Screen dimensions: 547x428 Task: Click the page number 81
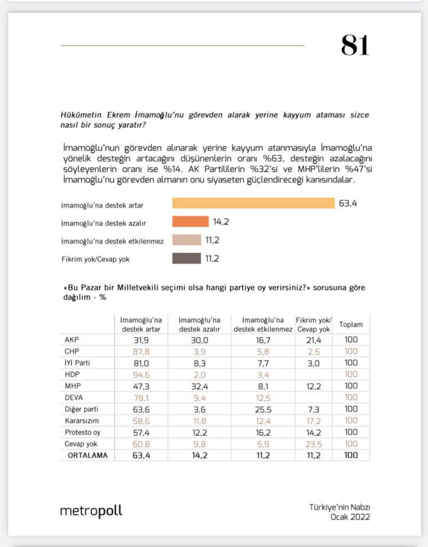pyautogui.click(x=355, y=45)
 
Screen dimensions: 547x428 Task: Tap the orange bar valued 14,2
pyautogui.click(x=190, y=222)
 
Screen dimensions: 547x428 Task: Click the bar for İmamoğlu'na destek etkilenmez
pyautogui.click(x=186, y=240)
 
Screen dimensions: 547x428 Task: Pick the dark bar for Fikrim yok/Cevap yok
pyautogui.click(x=186, y=259)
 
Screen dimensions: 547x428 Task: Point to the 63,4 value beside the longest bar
pyautogui.click(x=347, y=204)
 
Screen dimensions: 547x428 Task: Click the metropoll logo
pyautogui.click(x=91, y=511)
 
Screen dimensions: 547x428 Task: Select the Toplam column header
pyautogui.click(x=351, y=325)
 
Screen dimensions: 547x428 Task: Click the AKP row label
pyautogui.click(x=72, y=339)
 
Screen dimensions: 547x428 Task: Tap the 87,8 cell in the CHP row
pyautogui.click(x=141, y=351)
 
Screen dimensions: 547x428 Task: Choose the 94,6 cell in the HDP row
pyautogui.click(x=141, y=374)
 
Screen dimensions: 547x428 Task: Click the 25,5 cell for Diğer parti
pyautogui.click(x=263, y=409)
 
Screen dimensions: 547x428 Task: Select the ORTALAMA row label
pyautogui.click(x=87, y=456)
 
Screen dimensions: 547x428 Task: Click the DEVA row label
pyautogui.click(x=74, y=397)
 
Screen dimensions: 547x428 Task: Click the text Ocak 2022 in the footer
pyautogui.click(x=350, y=517)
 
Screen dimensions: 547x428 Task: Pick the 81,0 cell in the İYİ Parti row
pyautogui.click(x=141, y=363)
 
